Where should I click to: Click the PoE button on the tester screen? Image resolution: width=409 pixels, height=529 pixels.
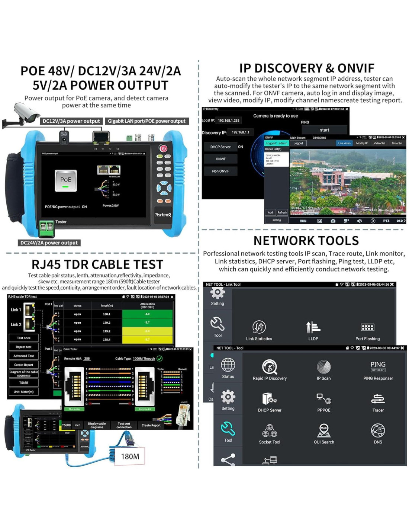[66, 180]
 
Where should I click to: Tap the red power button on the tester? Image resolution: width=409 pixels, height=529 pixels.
[163, 148]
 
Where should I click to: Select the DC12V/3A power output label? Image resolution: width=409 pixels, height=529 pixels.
[71, 121]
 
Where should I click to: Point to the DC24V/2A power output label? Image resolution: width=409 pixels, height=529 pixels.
[49, 243]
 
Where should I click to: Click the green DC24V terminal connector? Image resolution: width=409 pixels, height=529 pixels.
[46, 228]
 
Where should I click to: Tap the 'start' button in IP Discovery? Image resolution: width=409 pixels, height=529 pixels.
[324, 130]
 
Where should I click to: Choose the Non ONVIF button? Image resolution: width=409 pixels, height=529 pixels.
[220, 171]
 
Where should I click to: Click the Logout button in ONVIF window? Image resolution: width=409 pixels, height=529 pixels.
[298, 143]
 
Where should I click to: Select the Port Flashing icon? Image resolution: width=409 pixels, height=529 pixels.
[367, 328]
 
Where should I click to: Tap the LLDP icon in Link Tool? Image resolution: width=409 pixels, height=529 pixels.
[313, 328]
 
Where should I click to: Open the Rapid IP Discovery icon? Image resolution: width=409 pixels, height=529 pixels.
[270, 367]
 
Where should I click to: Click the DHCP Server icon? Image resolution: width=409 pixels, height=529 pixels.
[270, 399]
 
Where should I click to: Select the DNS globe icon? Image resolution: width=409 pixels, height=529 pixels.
[378, 431]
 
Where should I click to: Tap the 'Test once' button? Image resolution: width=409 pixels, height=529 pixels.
[23, 338]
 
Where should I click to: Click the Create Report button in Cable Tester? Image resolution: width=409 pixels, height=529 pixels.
[151, 425]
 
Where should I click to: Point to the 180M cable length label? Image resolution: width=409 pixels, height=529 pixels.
[130, 456]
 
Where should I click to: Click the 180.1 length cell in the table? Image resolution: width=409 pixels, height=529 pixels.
[107, 314]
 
